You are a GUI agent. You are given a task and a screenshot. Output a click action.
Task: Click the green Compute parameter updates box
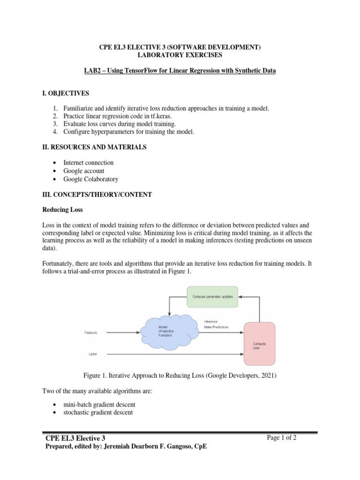213,296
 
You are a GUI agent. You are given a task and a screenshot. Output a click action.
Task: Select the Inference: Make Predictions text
217,324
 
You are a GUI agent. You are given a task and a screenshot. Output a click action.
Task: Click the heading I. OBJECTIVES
66,93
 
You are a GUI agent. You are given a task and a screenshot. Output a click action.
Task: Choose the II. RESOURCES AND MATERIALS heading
94,147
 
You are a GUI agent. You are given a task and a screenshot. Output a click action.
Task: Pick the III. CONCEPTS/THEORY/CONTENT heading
97,195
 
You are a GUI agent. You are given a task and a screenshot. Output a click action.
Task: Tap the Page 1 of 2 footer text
282,438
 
